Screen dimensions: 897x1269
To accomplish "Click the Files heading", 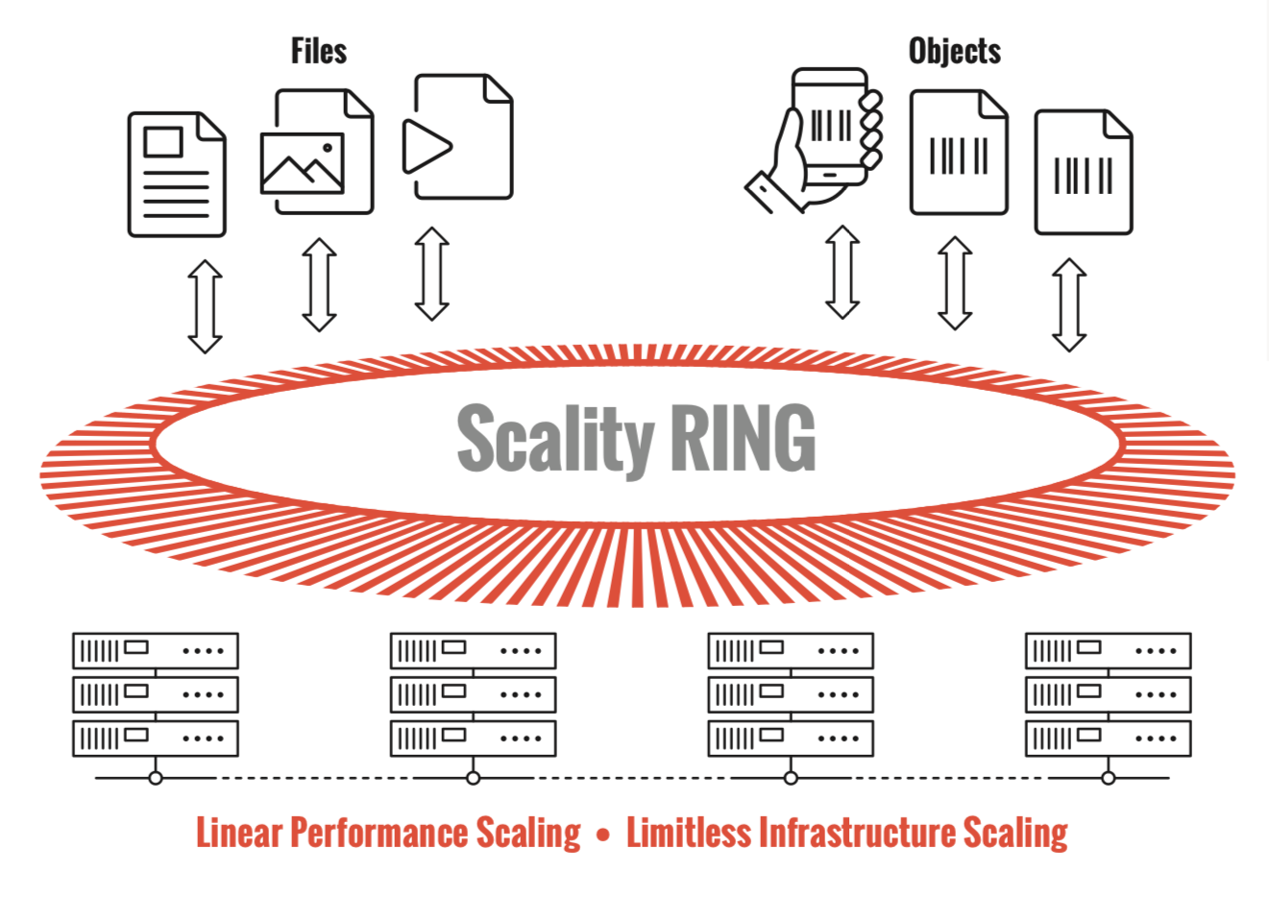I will coord(318,51).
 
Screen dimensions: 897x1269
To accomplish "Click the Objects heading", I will coord(954,51).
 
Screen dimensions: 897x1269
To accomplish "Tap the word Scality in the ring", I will coord(555,439).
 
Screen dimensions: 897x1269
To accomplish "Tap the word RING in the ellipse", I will coord(743,439).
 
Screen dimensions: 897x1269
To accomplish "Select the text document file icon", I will coord(177,174).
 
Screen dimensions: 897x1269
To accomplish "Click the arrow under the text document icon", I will coord(205,306).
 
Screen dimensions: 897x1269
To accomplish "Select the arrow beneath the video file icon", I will coord(431,274).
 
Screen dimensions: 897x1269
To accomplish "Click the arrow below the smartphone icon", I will coord(842,272).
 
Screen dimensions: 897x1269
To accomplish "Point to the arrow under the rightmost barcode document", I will coord(1069,304).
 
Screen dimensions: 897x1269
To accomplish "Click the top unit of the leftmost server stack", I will coord(156,650).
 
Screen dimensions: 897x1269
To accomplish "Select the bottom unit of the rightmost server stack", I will coord(1108,739).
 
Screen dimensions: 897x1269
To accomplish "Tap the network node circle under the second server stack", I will coord(473,778).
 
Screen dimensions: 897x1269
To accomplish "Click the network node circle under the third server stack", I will coord(791,778).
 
